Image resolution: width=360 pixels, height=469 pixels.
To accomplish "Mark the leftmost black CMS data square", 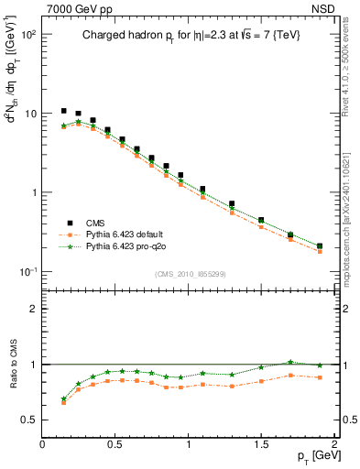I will click(63, 111).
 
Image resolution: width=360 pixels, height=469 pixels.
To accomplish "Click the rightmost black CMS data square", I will click(319, 245).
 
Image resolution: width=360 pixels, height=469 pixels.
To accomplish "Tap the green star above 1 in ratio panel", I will click(290, 362).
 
